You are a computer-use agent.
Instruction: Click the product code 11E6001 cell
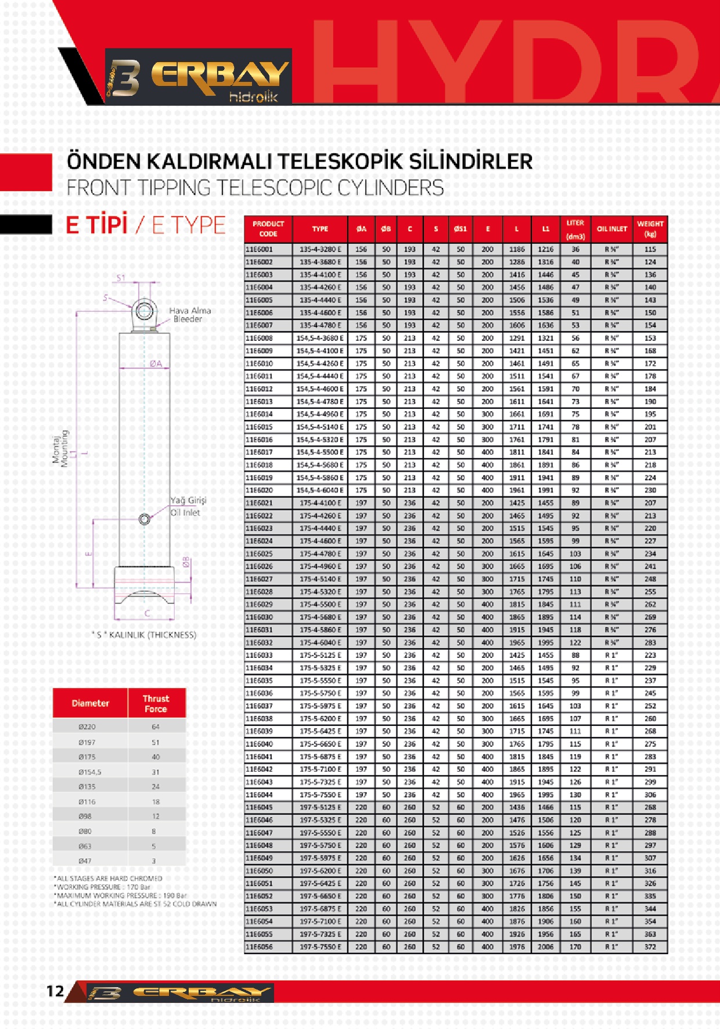coord(259,249)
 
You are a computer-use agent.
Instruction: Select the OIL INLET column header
coord(612,229)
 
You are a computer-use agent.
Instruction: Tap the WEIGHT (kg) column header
coord(650,229)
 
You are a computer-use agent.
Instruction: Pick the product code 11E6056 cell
coord(259,947)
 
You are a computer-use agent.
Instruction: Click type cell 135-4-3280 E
coord(320,249)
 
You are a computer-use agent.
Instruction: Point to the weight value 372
coord(650,947)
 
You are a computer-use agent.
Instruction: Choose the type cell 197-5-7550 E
coord(320,947)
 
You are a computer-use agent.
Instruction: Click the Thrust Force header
coord(156,703)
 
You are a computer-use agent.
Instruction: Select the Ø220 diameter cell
coord(87,726)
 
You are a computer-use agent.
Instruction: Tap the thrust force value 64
coord(156,726)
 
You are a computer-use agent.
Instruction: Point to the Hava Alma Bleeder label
coord(189,315)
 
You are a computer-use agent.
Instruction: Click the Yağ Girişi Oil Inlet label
coord(188,506)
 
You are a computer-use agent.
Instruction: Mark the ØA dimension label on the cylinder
coord(156,364)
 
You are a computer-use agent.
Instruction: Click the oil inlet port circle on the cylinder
coord(145,519)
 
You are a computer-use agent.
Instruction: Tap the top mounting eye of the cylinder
coord(143,310)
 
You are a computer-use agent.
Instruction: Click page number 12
coord(55,991)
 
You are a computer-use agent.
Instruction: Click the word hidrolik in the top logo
coord(254,97)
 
